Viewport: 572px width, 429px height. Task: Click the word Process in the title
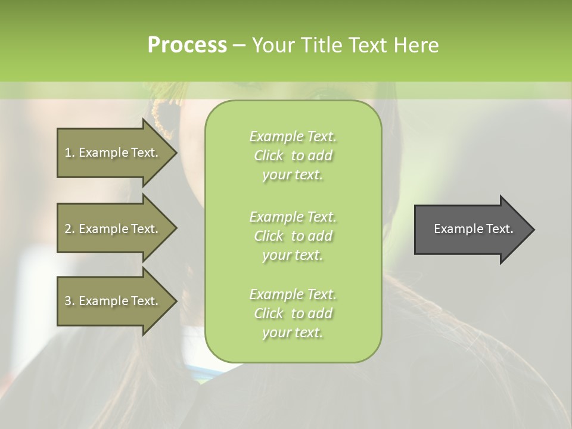pyautogui.click(x=187, y=45)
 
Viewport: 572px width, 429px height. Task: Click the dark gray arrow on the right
pyautogui.click(x=471, y=229)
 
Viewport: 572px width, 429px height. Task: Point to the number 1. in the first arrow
pyautogui.click(x=70, y=153)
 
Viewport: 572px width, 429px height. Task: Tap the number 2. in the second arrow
pyautogui.click(x=70, y=229)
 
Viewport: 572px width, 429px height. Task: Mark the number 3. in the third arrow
pyautogui.click(x=70, y=301)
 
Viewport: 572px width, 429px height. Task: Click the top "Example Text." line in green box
pyautogui.click(x=293, y=136)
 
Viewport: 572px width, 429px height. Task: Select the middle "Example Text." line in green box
pyautogui.click(x=293, y=216)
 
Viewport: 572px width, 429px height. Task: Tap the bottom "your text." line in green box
pyautogui.click(x=293, y=333)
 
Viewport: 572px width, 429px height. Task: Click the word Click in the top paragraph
pyautogui.click(x=269, y=156)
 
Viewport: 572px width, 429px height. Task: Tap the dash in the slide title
pyautogui.click(x=239, y=45)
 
